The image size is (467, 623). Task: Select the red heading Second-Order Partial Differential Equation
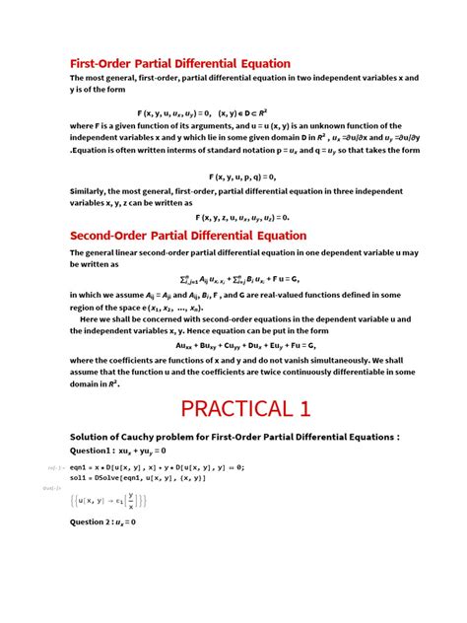pos(188,235)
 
